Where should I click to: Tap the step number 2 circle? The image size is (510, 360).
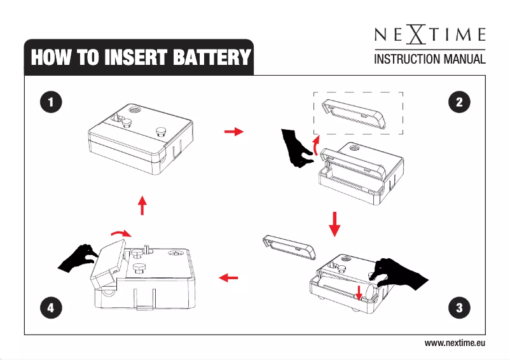[x=458, y=102]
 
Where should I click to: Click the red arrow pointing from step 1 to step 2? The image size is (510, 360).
[x=234, y=132]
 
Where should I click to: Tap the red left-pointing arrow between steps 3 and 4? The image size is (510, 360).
[x=228, y=278]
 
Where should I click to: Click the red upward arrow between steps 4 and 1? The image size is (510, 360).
[x=142, y=205]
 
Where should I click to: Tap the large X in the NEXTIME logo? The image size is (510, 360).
[x=416, y=34]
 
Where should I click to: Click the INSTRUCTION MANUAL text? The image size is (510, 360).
[x=429, y=60]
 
